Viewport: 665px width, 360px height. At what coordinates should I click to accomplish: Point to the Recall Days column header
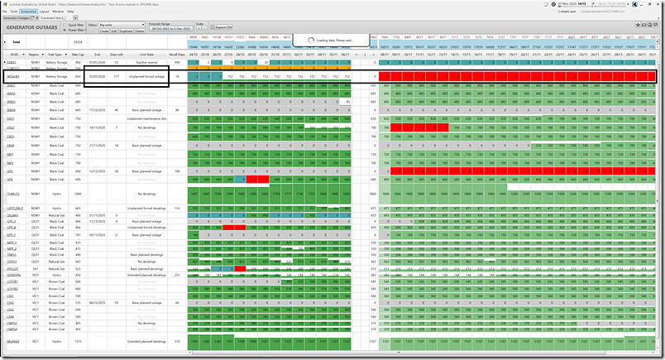point(177,55)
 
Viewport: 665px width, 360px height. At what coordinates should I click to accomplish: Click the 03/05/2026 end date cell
point(97,76)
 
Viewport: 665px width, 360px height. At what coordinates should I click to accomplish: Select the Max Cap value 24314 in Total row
point(78,41)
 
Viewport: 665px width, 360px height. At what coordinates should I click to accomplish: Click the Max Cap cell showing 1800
point(78,193)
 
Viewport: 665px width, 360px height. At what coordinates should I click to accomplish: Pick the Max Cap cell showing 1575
point(78,341)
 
